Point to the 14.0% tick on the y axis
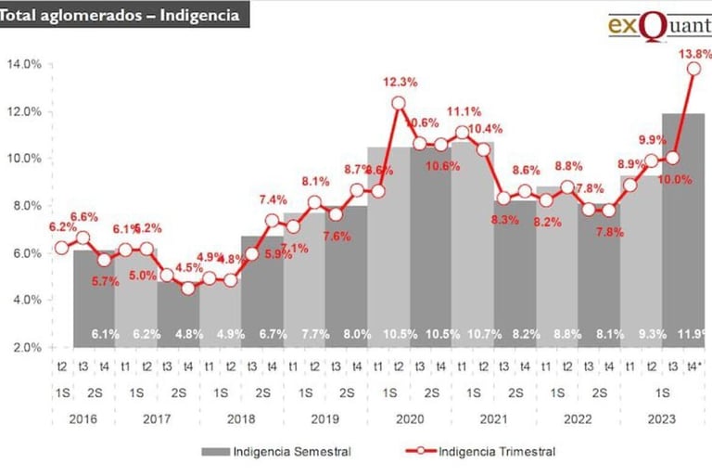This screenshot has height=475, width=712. click(x=24, y=64)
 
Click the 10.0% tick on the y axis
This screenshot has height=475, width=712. click(x=24, y=159)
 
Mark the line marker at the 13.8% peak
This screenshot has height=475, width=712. click(x=693, y=69)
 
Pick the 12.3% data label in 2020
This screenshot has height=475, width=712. click(x=400, y=83)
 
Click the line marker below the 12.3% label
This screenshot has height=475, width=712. click(x=399, y=104)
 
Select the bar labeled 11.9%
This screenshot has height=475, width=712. click(x=683, y=232)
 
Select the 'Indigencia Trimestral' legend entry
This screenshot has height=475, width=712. click(x=496, y=452)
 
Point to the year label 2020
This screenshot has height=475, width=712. click(x=409, y=418)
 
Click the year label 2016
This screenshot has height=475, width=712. click(x=82, y=418)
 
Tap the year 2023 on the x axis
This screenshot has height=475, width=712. click(x=661, y=418)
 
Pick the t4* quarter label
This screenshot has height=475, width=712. click(x=693, y=366)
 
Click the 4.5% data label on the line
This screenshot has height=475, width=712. click(x=188, y=269)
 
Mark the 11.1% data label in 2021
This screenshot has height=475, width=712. click(x=464, y=111)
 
